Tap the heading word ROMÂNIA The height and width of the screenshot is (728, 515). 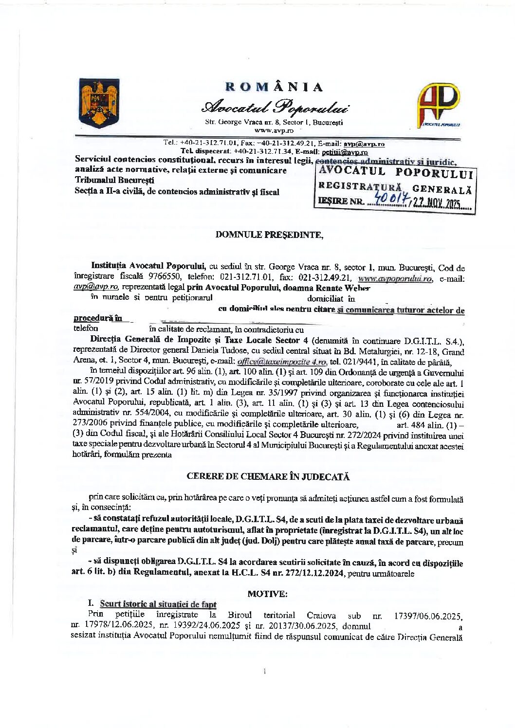click(274, 87)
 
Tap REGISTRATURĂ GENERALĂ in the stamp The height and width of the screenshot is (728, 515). click(394, 187)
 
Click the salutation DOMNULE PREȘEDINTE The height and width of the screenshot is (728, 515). click(269, 235)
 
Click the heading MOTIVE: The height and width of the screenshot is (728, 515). click(268, 594)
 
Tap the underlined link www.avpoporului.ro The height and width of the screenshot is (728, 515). click(395, 279)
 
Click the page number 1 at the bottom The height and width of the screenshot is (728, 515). click(264, 672)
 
